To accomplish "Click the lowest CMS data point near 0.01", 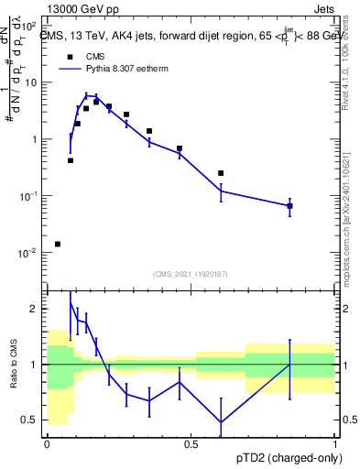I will [x=58, y=244].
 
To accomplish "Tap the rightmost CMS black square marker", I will [x=289, y=206].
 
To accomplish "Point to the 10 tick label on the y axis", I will [x=31, y=82].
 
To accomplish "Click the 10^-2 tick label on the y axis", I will [x=29, y=253].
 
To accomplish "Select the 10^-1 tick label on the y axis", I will [x=29, y=196].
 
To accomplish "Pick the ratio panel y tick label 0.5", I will [x=29, y=420].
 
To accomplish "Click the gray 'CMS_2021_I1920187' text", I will [x=191, y=273].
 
